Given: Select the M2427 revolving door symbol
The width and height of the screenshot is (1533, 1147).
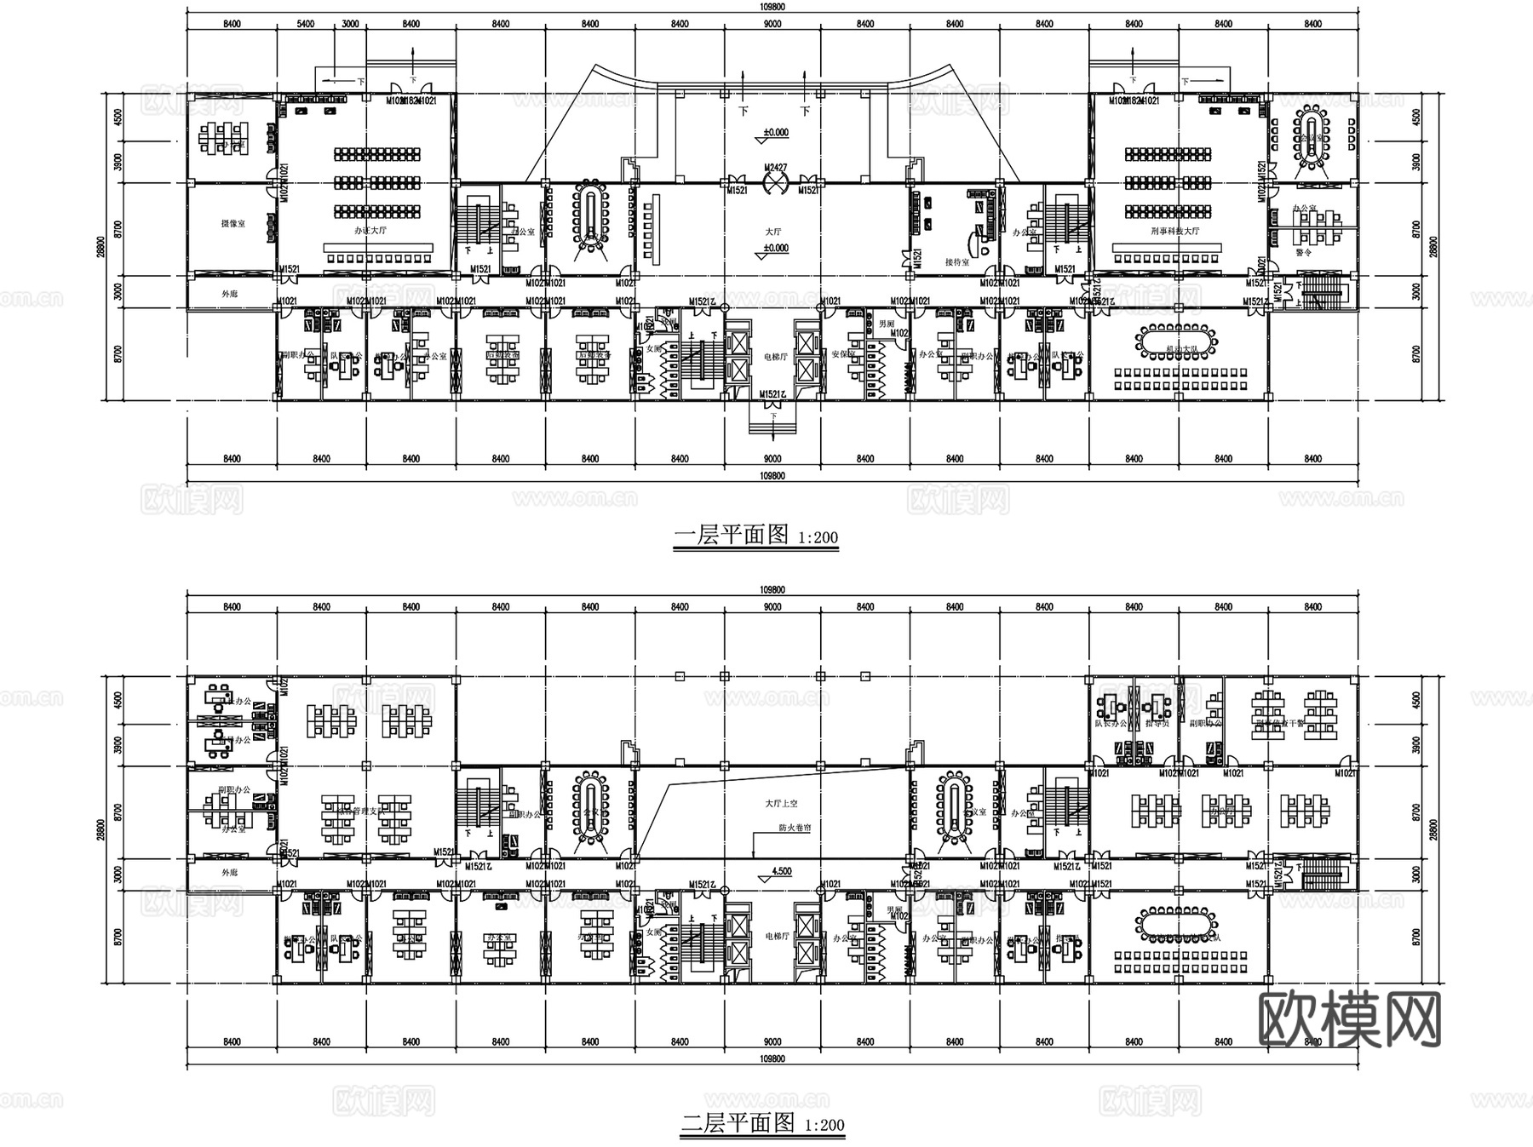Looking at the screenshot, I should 774,181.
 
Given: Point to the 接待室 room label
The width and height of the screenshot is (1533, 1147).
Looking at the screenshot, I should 957,262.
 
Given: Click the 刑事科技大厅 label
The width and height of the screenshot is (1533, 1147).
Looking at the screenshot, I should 1174,231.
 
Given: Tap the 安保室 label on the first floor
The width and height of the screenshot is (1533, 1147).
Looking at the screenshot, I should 843,354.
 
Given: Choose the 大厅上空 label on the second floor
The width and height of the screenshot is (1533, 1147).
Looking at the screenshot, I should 781,803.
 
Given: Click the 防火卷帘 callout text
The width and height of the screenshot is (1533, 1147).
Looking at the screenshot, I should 794,827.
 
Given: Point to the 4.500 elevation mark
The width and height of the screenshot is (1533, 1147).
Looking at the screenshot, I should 780,872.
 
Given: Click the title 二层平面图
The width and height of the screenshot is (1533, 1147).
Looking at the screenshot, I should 738,1123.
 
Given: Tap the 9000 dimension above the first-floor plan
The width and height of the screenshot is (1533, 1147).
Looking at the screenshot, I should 772,24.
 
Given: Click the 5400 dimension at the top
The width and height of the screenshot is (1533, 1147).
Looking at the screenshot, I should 306,24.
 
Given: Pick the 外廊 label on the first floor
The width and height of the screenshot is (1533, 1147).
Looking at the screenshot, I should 230,294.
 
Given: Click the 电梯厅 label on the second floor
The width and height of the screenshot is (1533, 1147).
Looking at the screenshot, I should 776,937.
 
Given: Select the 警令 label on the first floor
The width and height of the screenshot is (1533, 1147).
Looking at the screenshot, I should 1303,252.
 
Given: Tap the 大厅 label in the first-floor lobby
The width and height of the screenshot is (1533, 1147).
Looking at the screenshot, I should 772,231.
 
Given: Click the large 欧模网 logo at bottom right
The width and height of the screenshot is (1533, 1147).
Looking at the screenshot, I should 1350,1019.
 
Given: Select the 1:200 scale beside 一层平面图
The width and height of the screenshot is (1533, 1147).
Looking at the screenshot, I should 818,537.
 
